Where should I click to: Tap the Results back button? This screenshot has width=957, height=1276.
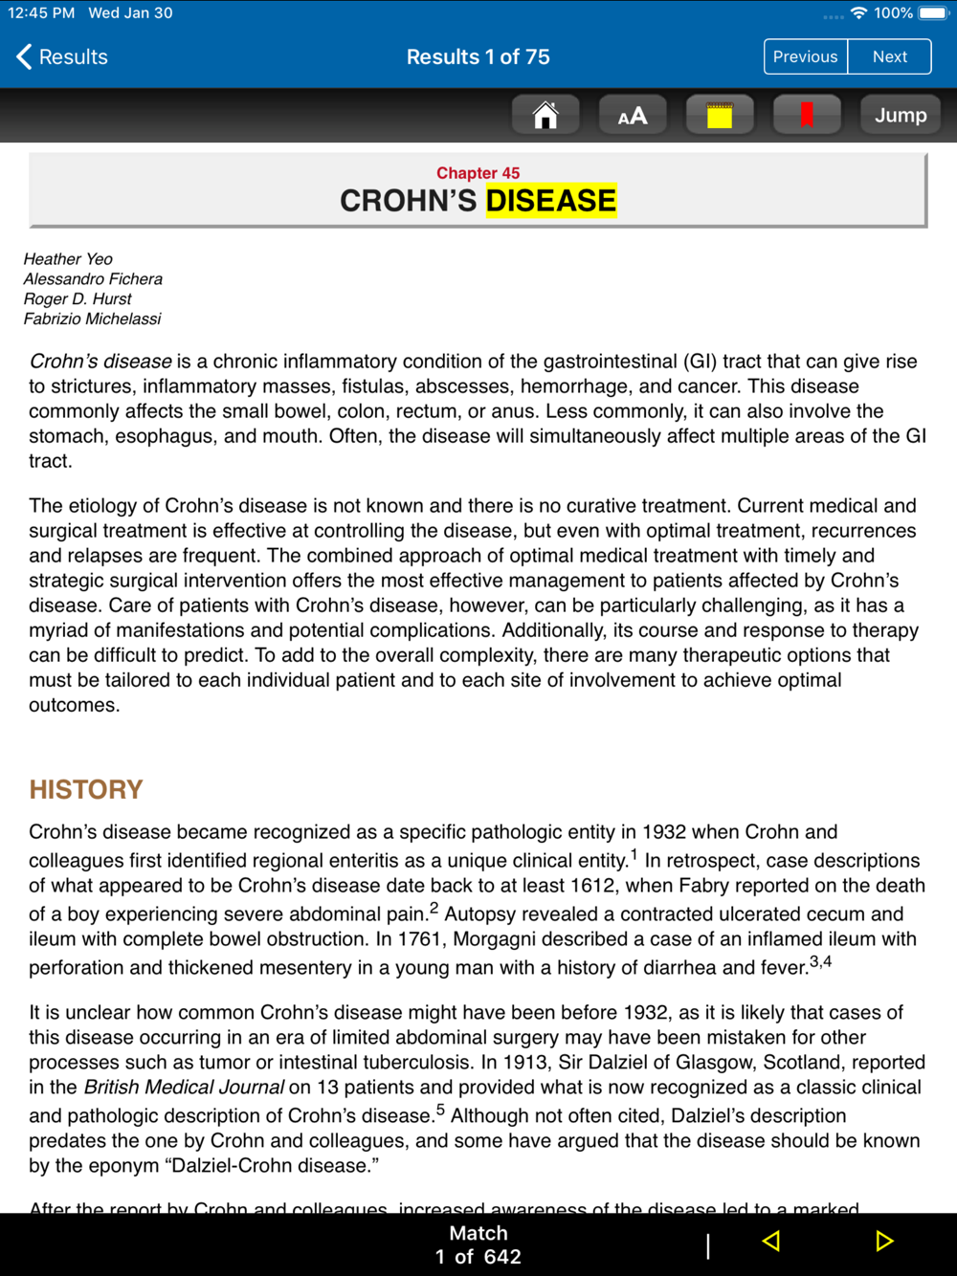(x=62, y=57)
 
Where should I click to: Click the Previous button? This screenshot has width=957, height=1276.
(x=805, y=57)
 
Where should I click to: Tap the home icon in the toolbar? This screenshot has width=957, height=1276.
(x=545, y=116)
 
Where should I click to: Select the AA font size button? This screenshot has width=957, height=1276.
(x=633, y=116)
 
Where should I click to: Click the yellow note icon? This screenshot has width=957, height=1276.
(x=720, y=116)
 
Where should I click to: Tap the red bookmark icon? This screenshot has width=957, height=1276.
(x=807, y=116)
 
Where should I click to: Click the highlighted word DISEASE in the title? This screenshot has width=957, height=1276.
(x=551, y=201)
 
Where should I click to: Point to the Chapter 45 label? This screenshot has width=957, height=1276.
(x=478, y=173)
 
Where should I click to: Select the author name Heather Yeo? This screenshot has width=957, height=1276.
(x=68, y=259)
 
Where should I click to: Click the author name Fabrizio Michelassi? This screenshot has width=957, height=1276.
(x=92, y=319)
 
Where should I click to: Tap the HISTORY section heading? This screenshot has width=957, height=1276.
(x=86, y=789)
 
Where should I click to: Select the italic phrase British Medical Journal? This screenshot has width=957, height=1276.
(x=184, y=1088)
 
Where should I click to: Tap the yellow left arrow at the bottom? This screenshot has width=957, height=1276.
(x=771, y=1242)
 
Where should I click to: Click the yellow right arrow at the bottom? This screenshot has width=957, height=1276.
(x=884, y=1242)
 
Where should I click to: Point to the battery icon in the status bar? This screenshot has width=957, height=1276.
(x=933, y=13)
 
